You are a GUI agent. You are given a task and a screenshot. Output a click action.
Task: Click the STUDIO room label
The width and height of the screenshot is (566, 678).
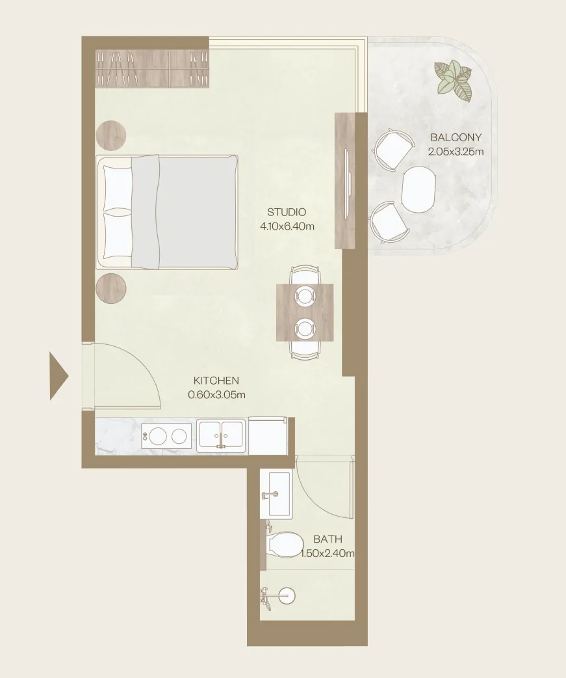(287, 212)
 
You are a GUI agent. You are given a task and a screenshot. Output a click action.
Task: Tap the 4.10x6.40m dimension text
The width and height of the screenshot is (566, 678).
(287, 226)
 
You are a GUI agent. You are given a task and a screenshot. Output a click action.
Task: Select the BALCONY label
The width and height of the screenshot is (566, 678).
(456, 137)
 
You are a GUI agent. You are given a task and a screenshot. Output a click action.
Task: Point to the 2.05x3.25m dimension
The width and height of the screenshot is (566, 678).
(456, 152)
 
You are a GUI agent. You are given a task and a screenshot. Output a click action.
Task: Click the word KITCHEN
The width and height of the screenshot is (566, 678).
(216, 381)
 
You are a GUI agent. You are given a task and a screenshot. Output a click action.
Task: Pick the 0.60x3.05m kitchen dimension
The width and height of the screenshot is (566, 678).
(217, 394)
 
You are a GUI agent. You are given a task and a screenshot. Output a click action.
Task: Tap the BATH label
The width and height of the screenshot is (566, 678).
(328, 539)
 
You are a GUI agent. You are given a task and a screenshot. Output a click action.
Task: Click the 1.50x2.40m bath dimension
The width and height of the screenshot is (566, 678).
(328, 553)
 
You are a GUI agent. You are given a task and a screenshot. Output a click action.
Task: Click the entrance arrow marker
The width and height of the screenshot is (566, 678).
(59, 376)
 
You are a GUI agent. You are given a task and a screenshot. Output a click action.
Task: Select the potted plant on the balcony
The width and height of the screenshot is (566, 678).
(454, 81)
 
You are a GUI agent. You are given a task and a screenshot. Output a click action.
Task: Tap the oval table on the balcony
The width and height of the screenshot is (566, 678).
(418, 189)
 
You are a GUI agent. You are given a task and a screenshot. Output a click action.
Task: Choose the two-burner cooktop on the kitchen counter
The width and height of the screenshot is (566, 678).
(166, 437)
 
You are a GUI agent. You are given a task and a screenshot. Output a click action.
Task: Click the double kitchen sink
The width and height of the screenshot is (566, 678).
(221, 435)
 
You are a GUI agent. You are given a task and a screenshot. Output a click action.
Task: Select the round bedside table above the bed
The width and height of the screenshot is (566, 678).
(111, 135)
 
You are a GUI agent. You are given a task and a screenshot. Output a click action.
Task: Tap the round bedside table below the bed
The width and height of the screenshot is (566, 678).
(111, 288)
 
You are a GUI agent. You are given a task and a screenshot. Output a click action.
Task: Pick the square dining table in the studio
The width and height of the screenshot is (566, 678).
(305, 312)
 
